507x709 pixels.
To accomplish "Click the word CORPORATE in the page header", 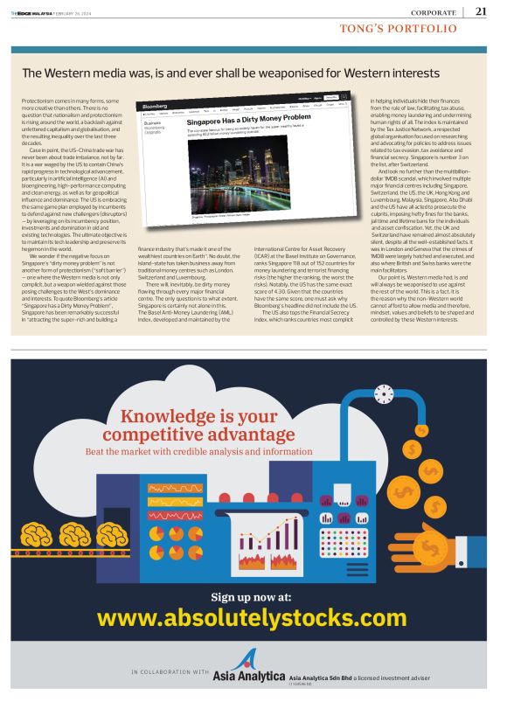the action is click(435, 12).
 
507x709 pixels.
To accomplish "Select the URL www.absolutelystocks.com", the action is click(253, 619).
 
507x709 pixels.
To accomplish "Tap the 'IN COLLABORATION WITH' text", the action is click(170, 672).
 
